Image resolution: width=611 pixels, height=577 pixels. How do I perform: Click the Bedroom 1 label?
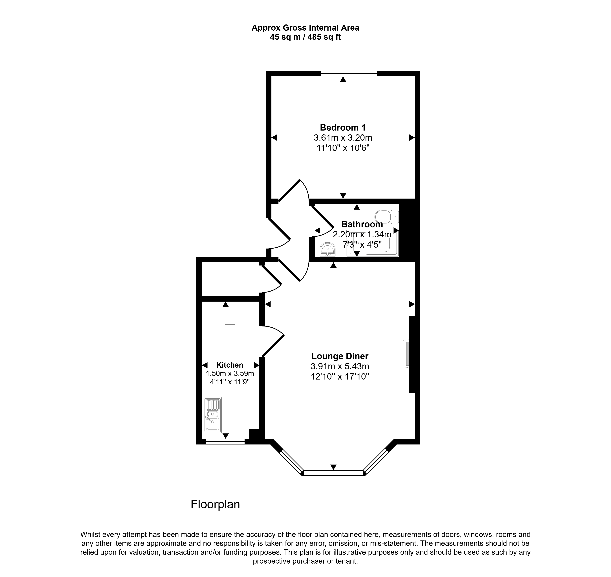(x=343, y=127)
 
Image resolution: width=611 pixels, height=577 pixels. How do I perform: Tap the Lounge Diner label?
(x=340, y=356)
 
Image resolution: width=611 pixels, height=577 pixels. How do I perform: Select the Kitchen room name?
(x=230, y=365)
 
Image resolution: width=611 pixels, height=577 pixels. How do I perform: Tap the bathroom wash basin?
(x=328, y=249)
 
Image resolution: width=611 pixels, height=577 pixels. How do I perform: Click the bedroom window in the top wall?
(x=349, y=73)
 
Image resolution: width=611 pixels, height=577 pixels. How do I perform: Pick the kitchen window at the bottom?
(x=225, y=442)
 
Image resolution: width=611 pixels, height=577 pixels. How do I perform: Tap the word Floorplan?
(x=215, y=504)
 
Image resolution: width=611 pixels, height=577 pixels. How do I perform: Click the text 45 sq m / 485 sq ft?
(x=305, y=37)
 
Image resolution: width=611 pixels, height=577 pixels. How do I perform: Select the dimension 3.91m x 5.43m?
(x=340, y=366)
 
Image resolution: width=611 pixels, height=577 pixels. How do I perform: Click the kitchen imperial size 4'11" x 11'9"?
(x=230, y=382)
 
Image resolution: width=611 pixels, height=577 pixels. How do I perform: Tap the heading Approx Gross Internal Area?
(x=305, y=28)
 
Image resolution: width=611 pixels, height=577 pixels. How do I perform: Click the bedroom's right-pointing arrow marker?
(x=412, y=138)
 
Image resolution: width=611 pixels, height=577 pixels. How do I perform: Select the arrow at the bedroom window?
(x=343, y=79)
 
